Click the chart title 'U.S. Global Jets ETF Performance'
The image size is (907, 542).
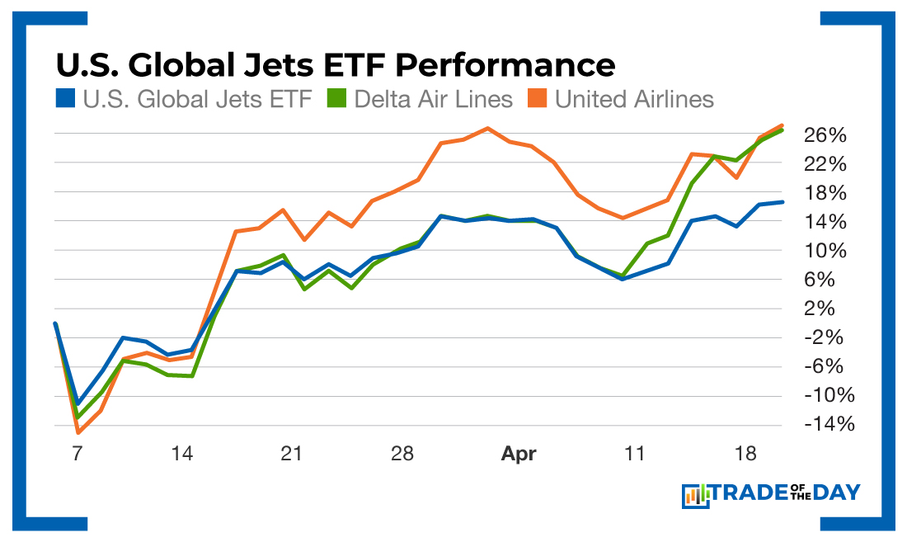pos(334,65)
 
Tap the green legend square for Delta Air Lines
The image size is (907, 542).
pos(337,100)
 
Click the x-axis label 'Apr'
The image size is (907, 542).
pos(519,454)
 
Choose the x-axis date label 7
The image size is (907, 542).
pos(78,454)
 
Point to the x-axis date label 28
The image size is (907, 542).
pos(402,454)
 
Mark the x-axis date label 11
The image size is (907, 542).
pos(634,454)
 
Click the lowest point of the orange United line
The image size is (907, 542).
pos(78,432)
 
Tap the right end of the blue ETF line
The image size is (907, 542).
pos(782,202)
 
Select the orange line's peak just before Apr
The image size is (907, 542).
pos(487,128)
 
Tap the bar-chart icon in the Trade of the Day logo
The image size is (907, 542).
pos(696,495)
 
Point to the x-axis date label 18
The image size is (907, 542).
pos(746,454)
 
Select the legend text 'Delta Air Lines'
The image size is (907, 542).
pos(434,100)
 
